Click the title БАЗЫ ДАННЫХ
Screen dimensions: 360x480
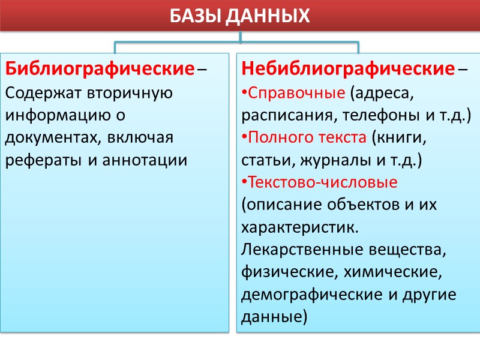(240, 14)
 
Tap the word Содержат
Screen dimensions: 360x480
(43, 93)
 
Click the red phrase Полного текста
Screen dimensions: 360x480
(307, 137)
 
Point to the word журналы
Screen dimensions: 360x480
(344, 160)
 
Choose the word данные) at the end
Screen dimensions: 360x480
(273, 316)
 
